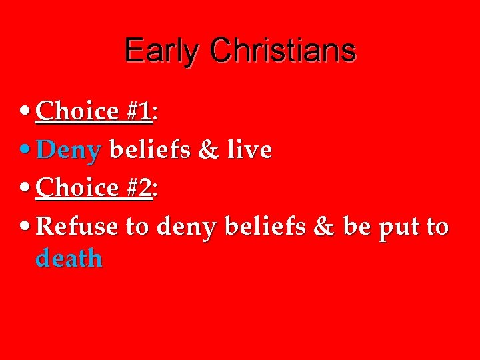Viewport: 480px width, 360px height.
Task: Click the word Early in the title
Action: tap(161, 51)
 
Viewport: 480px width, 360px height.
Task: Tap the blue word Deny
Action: tap(69, 151)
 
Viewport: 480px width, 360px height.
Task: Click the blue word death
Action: tap(69, 258)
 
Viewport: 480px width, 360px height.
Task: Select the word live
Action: tap(249, 150)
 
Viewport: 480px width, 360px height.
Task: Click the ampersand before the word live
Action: tap(209, 150)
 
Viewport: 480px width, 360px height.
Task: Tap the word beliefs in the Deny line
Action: tap(151, 150)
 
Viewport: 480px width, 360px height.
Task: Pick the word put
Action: tap(399, 228)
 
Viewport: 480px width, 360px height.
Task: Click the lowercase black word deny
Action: tap(187, 228)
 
